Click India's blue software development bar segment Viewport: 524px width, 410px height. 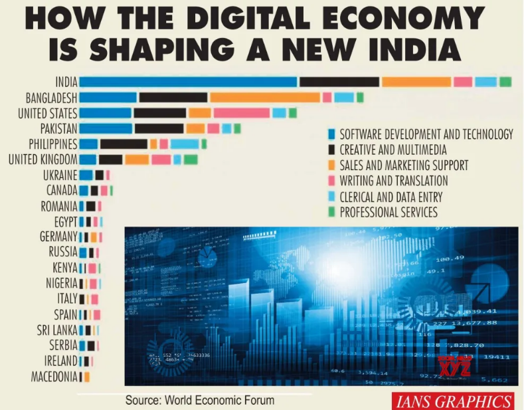188,82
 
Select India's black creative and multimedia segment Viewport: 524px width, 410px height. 339,82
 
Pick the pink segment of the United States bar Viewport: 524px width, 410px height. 240,113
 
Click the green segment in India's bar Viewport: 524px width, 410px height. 505,82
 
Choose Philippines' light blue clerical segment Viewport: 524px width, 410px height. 184,144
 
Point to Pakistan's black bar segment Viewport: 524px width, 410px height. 159,128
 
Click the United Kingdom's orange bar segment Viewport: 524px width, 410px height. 136,159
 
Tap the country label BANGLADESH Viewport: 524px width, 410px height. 51,98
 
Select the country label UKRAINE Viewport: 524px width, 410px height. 60,175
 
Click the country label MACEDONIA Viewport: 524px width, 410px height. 54,377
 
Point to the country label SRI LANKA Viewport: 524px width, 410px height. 57,330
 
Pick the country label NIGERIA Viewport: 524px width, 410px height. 61,283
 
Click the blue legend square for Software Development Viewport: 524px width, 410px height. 331,134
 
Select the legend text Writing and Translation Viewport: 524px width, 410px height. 393,181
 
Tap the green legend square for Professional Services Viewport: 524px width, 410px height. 331,213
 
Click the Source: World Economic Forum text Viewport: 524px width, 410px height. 199,401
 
